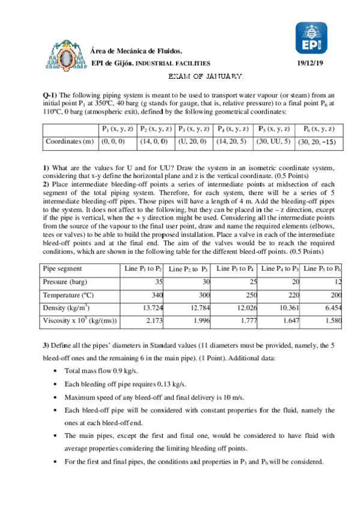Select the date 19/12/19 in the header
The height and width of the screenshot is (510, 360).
tap(310, 63)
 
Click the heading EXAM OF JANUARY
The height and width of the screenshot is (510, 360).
tap(204, 77)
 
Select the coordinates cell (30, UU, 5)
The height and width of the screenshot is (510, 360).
tap(273, 142)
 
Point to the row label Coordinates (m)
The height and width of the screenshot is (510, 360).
tap(70, 142)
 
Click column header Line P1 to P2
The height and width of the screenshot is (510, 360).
tap(143, 268)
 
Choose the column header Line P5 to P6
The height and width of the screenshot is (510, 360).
tap(322, 268)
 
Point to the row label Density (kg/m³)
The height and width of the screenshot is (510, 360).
tap(67, 308)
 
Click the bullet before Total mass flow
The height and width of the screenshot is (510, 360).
tap(56, 371)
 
